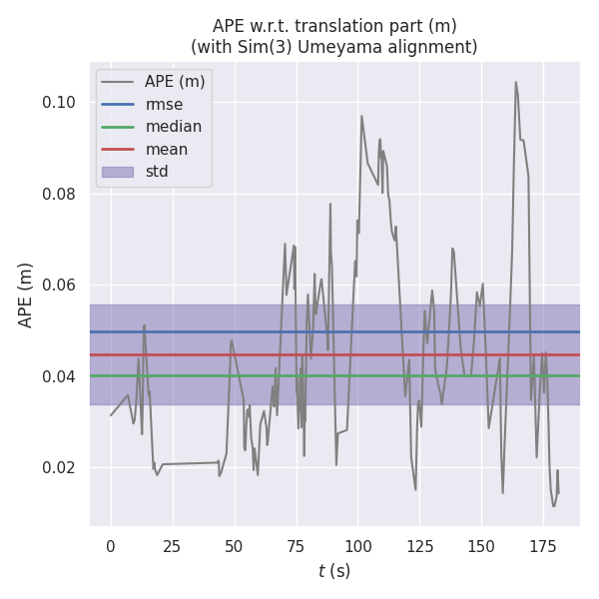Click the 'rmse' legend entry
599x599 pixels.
[166, 104]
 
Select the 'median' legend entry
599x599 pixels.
[174, 127]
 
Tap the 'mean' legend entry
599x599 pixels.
[167, 149]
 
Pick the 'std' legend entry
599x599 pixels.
[157, 172]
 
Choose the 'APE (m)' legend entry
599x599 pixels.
[175, 81]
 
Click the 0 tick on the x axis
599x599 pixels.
[111, 545]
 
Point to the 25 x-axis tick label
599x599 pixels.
[173, 545]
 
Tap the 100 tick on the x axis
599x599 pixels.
[358, 545]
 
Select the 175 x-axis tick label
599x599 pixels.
[544, 545]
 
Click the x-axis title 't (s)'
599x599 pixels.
[334, 571]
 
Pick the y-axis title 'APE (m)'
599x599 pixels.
[26, 295]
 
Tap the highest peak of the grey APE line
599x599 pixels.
[516, 83]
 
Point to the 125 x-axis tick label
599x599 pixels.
[420, 545]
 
